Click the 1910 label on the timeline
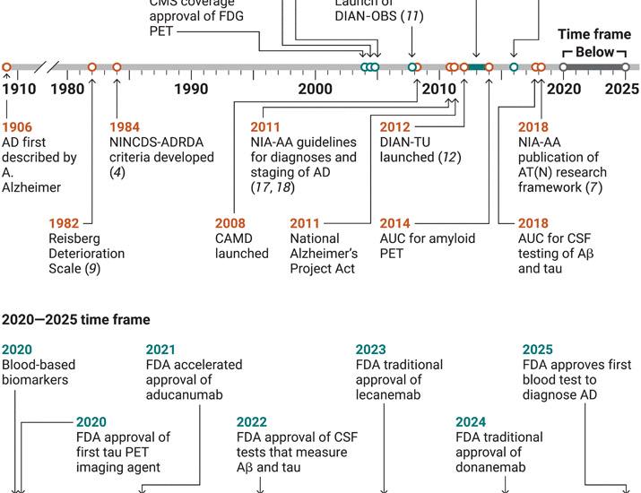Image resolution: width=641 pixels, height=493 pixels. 19,90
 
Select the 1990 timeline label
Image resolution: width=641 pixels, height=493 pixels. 191,90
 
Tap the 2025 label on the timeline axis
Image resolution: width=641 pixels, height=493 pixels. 621,90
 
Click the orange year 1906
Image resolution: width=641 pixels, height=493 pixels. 17,127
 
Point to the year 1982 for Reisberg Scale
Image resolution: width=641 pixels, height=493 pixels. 65,223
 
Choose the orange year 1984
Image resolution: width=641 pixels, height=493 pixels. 126,127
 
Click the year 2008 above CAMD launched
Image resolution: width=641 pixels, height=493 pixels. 230,223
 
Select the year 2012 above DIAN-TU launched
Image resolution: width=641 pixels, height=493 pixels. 395,127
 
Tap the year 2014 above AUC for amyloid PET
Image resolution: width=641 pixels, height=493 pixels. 395,223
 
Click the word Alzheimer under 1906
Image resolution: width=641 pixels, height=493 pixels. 31,187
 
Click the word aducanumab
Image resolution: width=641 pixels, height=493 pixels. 184,394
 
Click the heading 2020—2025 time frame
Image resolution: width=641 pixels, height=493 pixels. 76,319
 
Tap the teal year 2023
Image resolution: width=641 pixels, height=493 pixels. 371,350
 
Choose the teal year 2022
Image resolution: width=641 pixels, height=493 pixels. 252,422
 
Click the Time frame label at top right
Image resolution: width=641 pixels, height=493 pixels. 594,34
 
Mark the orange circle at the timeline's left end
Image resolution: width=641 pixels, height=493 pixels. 6,67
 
